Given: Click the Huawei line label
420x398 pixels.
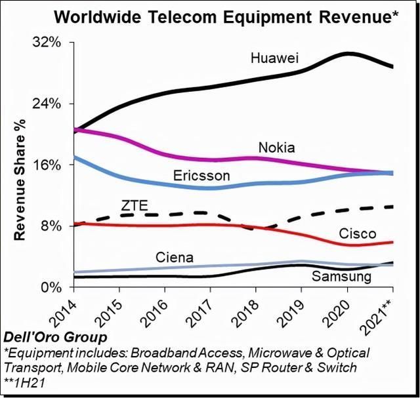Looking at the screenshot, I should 278,58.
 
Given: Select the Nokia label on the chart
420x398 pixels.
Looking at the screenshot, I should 277,147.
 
